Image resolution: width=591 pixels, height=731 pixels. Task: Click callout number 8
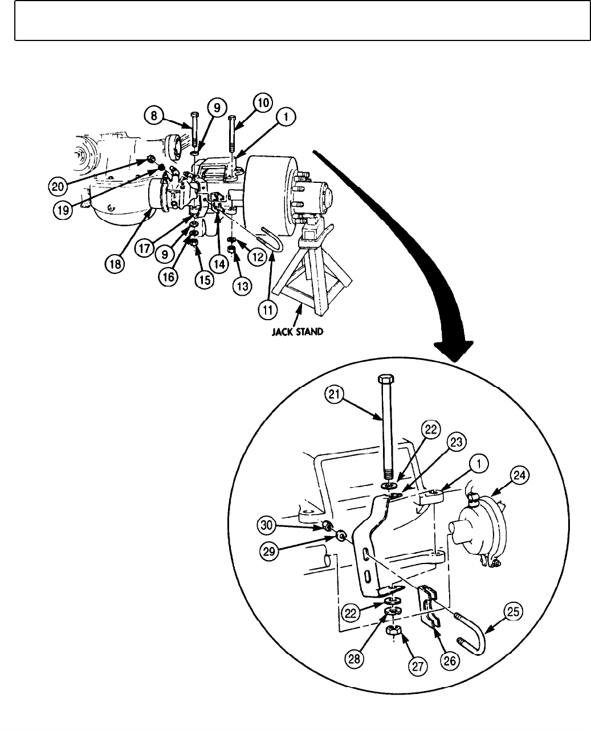pyautogui.click(x=153, y=115)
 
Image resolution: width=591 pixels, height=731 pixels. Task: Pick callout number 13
pyautogui.click(x=243, y=286)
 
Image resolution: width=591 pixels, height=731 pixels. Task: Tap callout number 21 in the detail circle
pyautogui.click(x=335, y=394)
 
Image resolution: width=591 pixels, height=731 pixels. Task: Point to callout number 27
pyautogui.click(x=421, y=667)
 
